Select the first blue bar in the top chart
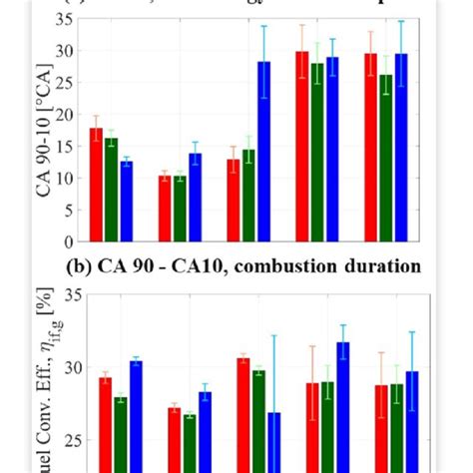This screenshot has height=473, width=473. (x=125, y=201)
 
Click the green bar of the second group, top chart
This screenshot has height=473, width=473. (x=180, y=209)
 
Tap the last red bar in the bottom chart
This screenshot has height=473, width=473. (x=380, y=428)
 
